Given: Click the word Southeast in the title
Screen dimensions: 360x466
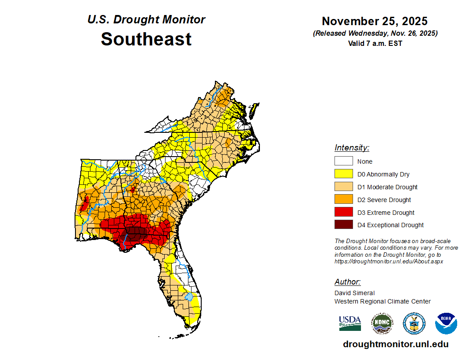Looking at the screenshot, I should [146, 39].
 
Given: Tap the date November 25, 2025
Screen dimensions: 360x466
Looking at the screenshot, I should [374, 21].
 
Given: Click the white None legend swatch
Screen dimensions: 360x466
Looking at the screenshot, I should [343, 161].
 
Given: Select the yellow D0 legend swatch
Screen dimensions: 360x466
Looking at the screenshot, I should [343, 174].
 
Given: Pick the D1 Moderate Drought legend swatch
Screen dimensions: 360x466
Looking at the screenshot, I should [343, 187].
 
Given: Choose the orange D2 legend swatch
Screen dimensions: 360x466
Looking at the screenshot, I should [343, 200].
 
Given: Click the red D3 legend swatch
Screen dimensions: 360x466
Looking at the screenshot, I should [343, 213].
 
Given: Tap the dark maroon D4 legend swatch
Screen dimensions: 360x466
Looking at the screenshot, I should [343, 225].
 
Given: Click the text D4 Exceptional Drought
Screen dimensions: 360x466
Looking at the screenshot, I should [391, 225].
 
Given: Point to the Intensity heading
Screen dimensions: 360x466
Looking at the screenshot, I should [352, 148].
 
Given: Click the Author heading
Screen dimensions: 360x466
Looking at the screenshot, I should [347, 282].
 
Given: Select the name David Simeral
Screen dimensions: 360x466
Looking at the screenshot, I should [354, 293].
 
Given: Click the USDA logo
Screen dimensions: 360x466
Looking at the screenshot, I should [350, 323].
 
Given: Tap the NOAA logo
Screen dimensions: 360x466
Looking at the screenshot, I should [446, 323].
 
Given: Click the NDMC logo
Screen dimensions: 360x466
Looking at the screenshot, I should [382, 323].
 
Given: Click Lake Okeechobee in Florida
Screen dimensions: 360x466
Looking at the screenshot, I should [189, 296].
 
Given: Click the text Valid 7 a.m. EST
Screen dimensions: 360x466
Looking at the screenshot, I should [375, 43].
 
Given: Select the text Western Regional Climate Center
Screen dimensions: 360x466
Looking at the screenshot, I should [382, 301].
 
